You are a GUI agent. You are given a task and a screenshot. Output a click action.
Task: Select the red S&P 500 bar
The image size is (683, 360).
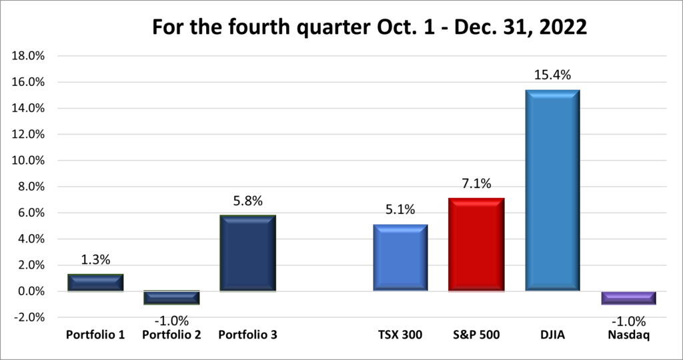coord(476,245)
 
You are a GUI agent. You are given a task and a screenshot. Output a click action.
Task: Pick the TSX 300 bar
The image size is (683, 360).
coord(400,258)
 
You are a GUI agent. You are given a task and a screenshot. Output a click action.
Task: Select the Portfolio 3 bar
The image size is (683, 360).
coord(247,253)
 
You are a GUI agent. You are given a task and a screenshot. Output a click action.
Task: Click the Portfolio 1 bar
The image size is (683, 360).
coord(95,283)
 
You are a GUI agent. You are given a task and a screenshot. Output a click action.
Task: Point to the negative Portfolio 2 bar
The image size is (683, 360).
coord(171,298)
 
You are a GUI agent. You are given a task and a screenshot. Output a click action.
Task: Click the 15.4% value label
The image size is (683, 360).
coord(552,75)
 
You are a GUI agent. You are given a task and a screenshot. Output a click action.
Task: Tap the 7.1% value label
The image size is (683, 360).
coord(476,184)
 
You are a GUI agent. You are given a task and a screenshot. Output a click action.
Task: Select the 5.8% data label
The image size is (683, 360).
coord(247,201)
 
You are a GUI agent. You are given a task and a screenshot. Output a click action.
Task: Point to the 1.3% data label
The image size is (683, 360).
coord(95,260)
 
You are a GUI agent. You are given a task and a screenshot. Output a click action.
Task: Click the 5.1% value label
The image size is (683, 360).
coord(400,210)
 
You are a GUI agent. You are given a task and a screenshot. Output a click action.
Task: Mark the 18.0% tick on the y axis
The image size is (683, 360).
coord(27,56)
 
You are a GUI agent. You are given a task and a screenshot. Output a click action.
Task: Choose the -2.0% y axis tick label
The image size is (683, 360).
coord(28,318)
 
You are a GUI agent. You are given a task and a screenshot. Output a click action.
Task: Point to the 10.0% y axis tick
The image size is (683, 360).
coord(27,161)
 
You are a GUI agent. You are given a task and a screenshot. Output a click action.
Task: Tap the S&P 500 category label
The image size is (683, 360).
coord(476,334)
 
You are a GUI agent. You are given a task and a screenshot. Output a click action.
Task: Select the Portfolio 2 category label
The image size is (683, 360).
coord(171,334)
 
